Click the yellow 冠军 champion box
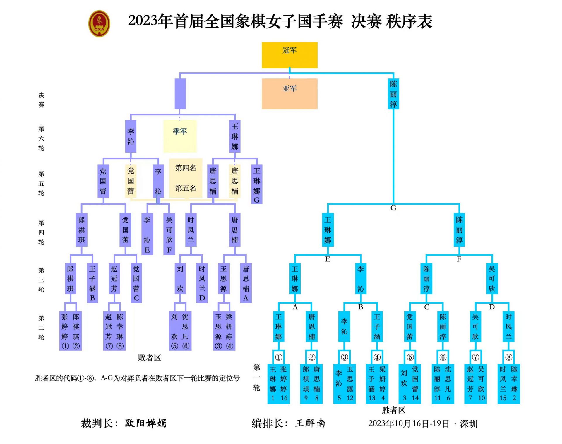[x=289, y=55]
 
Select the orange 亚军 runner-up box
[x=289, y=94]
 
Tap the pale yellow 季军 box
[x=180, y=136]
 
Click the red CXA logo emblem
[x=99, y=23]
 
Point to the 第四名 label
[x=186, y=168]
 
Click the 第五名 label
[x=186, y=188]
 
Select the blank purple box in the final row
[x=180, y=94]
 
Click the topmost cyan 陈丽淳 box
[x=393, y=94]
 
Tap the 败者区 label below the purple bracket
[x=150, y=358]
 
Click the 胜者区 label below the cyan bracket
[x=393, y=410]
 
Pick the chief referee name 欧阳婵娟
[x=145, y=423]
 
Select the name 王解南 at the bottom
[x=310, y=423]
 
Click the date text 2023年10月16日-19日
[x=409, y=424]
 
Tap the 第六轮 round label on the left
[x=41, y=138]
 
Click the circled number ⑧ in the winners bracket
[x=509, y=357]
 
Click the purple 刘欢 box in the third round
[x=180, y=278]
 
